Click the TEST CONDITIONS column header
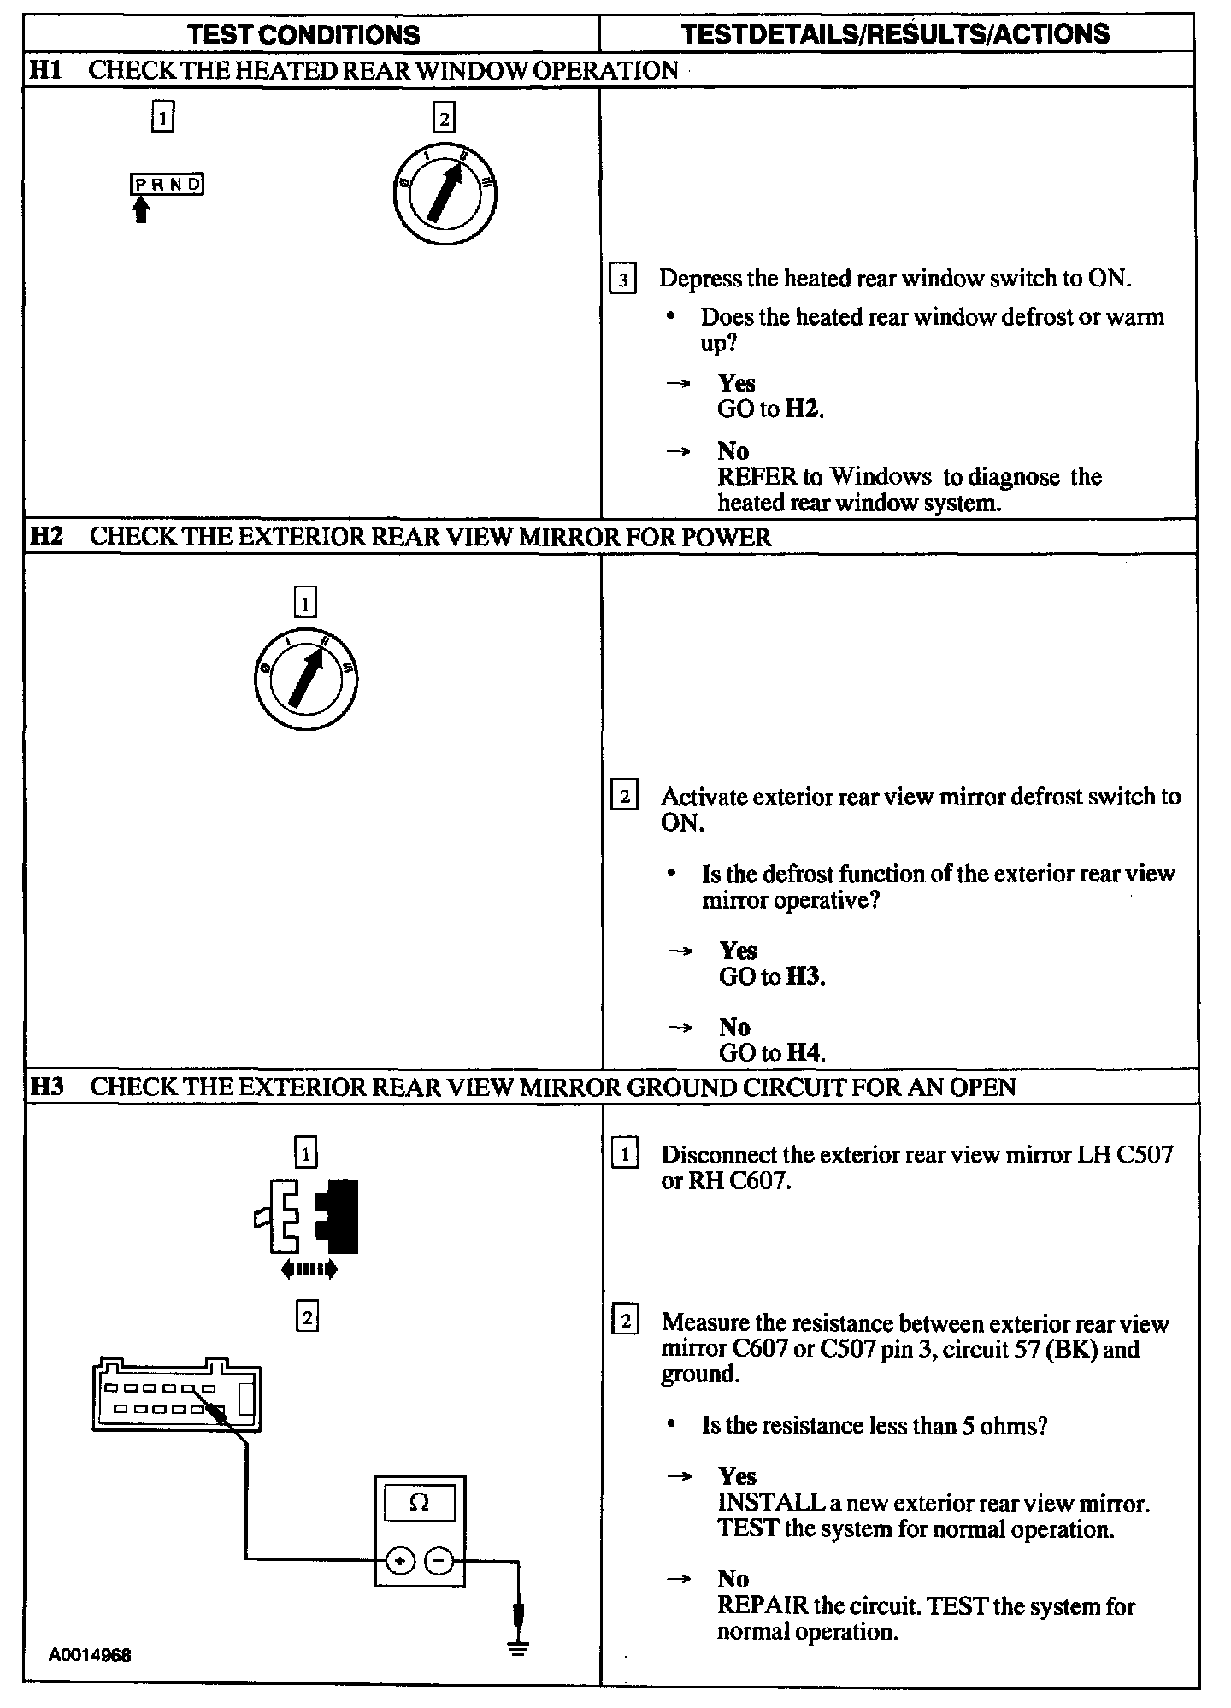pos(303,34)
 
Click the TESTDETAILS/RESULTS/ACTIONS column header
pos(895,33)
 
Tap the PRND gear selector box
pos(168,184)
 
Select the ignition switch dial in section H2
pos(305,679)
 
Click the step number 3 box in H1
pos(622,280)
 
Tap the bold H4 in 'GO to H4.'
pos(804,1053)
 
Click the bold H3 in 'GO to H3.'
pos(804,976)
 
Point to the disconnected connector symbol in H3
pos(308,1216)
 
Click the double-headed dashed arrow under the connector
pos(309,1270)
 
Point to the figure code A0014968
pos(90,1655)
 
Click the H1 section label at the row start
pos(46,70)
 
